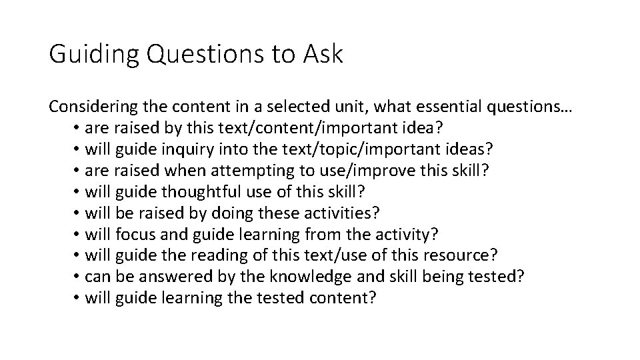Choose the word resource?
tap(467, 255)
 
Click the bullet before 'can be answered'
tap(77, 277)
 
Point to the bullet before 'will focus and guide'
tap(77, 234)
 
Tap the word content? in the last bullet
tap(343, 298)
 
